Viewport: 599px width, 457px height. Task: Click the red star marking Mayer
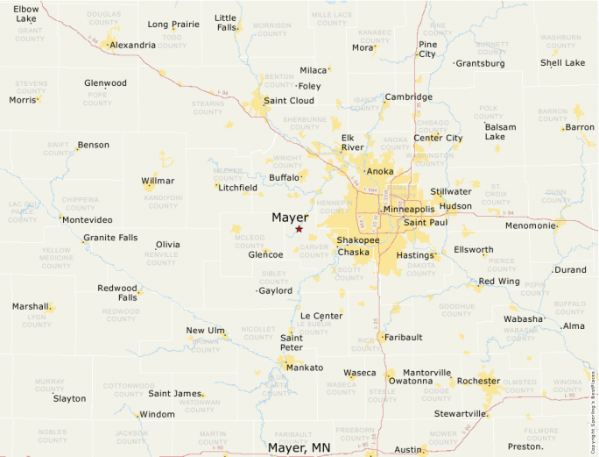pos(299,229)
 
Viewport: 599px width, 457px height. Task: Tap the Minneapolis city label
pos(409,210)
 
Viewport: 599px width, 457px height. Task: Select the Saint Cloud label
pos(289,101)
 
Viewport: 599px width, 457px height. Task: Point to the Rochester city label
pos(478,382)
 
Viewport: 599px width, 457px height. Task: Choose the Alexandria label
pos(133,45)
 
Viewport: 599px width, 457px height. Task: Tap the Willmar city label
pos(158,181)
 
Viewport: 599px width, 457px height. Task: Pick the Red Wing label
pos(499,282)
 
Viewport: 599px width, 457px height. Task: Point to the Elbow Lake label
pos(25,13)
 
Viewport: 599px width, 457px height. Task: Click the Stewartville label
pos(461,413)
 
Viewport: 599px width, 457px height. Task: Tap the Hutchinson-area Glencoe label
pos(265,254)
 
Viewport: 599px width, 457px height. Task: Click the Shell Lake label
pos(562,63)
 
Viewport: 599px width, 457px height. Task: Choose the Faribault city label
pos(404,337)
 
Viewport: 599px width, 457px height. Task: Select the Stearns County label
pos(208,108)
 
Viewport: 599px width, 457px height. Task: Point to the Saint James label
pos(175,393)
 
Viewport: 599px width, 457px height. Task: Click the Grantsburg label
pos(481,63)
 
